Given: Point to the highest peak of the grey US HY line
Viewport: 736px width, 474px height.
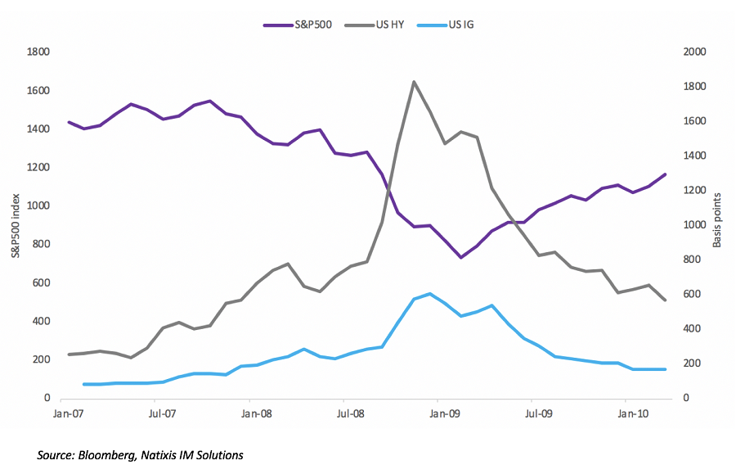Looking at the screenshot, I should pyautogui.click(x=414, y=82).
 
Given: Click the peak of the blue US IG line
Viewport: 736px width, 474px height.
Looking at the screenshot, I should pyautogui.click(x=430, y=293).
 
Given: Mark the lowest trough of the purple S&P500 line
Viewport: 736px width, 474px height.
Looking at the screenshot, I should pyautogui.click(x=461, y=257).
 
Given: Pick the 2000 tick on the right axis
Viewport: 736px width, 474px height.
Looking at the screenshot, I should pyautogui.click(x=695, y=52).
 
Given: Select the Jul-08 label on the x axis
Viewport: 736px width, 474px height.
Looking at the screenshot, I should pyautogui.click(x=351, y=413).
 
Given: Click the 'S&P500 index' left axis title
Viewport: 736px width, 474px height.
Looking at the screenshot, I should pyautogui.click(x=16, y=225).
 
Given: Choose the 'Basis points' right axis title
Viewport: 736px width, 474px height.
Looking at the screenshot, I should pyautogui.click(x=719, y=219).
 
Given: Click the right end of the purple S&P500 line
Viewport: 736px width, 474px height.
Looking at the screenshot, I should pyautogui.click(x=665, y=174).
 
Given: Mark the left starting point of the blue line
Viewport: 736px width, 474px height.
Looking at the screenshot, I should pyautogui.click(x=84, y=384).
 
